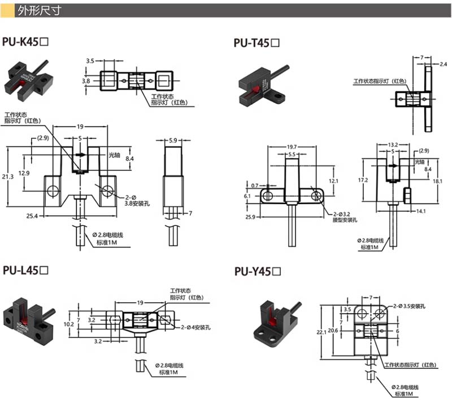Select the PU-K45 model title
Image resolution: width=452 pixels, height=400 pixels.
pos(28,42)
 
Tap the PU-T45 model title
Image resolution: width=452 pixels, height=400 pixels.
pos(257,43)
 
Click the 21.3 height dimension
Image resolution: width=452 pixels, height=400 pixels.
pos(7,177)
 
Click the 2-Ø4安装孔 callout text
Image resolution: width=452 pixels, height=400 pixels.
pos(195,327)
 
